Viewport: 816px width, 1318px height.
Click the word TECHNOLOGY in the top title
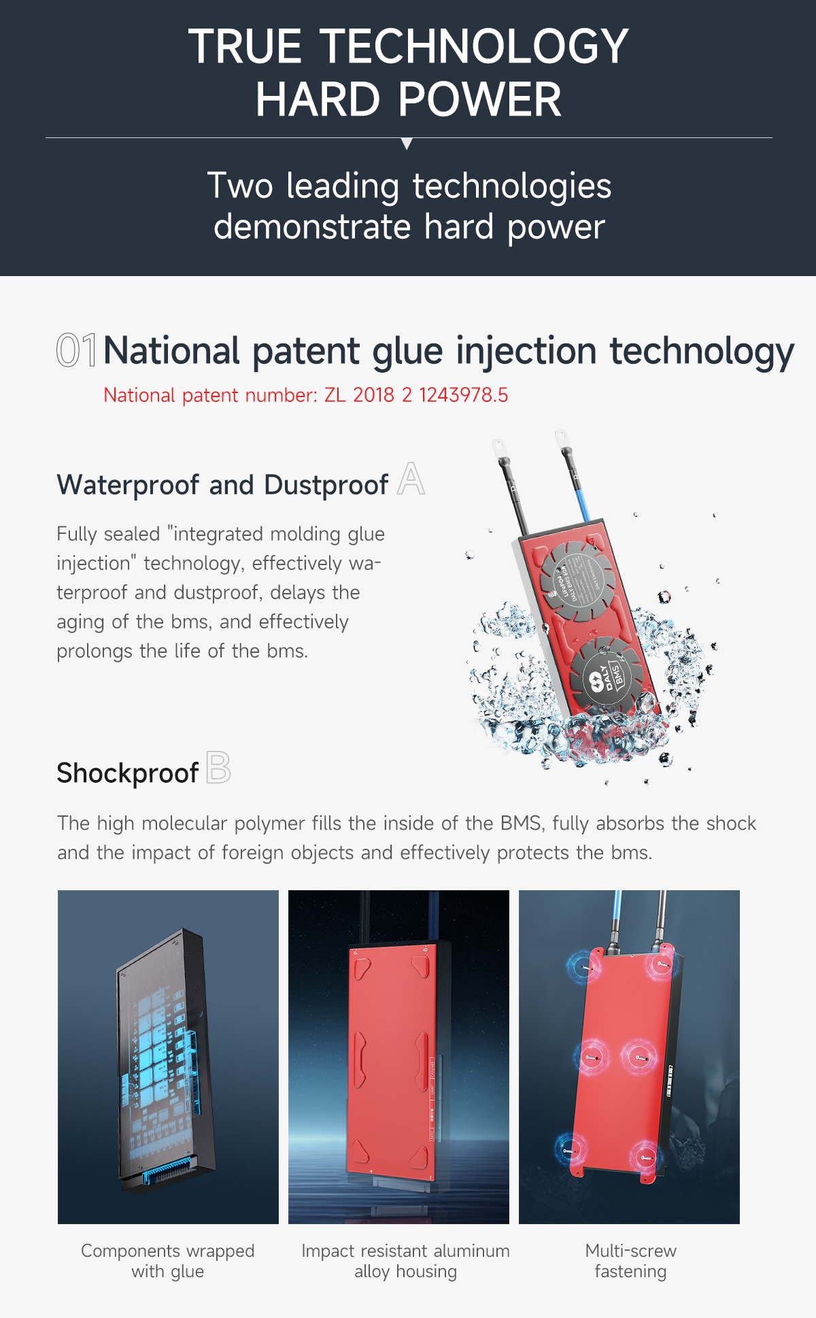tap(474, 46)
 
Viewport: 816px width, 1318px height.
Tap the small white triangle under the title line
tap(407, 143)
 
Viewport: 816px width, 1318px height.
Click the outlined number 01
tap(76, 350)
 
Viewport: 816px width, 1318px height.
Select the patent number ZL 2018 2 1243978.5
tap(416, 395)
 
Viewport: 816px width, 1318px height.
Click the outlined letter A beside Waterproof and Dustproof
tap(411, 479)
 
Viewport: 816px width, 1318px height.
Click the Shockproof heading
tap(127, 773)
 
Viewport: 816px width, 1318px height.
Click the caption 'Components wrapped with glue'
tap(168, 1261)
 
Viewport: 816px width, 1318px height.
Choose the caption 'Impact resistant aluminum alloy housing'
tap(405, 1261)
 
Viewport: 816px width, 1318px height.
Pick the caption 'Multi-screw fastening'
tap(630, 1261)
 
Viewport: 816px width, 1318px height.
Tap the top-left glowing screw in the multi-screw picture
tap(584, 966)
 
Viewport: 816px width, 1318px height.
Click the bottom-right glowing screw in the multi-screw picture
tap(645, 1156)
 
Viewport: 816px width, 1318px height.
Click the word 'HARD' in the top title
tap(318, 100)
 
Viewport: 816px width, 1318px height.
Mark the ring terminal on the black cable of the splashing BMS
tap(499, 449)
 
